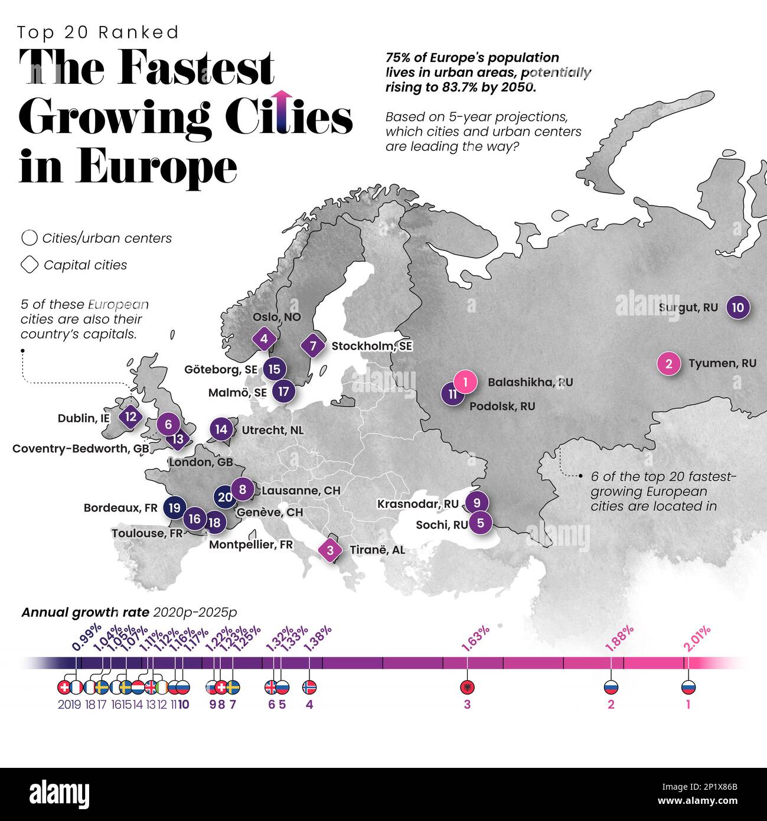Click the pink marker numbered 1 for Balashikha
coord(466,382)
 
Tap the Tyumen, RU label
coord(722,363)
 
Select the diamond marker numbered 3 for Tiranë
coord(330,550)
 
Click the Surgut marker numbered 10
coord(737,307)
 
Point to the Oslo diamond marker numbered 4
coord(264,339)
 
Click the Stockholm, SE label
coord(371,346)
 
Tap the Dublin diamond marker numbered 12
coord(130,416)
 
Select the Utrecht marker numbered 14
coord(221,429)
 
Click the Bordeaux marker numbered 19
coord(174,507)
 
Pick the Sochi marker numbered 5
coord(481,523)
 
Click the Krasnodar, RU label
coord(417,504)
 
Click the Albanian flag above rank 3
coord(467,687)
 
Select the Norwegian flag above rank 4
coord(309,687)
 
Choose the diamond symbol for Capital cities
coord(30,265)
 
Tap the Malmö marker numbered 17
coord(284,391)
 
